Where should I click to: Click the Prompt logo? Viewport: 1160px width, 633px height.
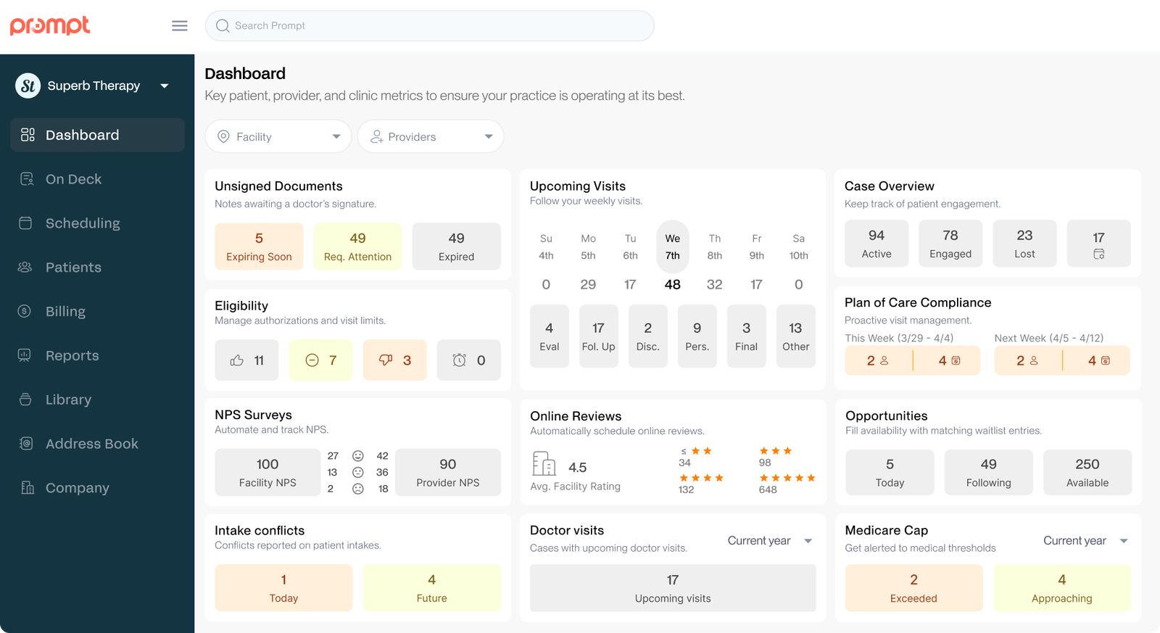click(50, 25)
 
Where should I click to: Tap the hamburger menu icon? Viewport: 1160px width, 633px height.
click(180, 26)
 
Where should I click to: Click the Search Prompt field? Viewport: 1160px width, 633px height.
click(429, 26)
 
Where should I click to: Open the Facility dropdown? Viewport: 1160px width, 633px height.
click(278, 136)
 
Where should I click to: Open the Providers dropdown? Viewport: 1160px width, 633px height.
click(431, 136)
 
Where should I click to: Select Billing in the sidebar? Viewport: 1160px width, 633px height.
click(65, 311)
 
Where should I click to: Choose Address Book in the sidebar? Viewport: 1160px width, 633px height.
click(91, 444)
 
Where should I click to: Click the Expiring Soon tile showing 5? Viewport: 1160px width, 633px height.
click(259, 247)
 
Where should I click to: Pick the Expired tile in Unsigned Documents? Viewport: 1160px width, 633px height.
click(456, 247)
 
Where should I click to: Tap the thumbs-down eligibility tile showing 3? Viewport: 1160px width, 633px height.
click(394, 360)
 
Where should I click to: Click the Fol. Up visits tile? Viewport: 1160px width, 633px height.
click(598, 336)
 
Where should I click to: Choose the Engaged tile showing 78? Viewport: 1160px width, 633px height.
click(950, 244)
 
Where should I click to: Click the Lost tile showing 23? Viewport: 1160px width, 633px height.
click(1024, 244)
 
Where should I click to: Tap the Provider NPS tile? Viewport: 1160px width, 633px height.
click(447, 472)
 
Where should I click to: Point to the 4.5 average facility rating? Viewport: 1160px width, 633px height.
click(577, 468)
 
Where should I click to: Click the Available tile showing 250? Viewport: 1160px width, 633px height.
click(1087, 472)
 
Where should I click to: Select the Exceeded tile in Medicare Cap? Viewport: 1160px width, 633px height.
click(913, 588)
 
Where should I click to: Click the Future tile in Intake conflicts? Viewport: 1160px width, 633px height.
click(431, 588)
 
